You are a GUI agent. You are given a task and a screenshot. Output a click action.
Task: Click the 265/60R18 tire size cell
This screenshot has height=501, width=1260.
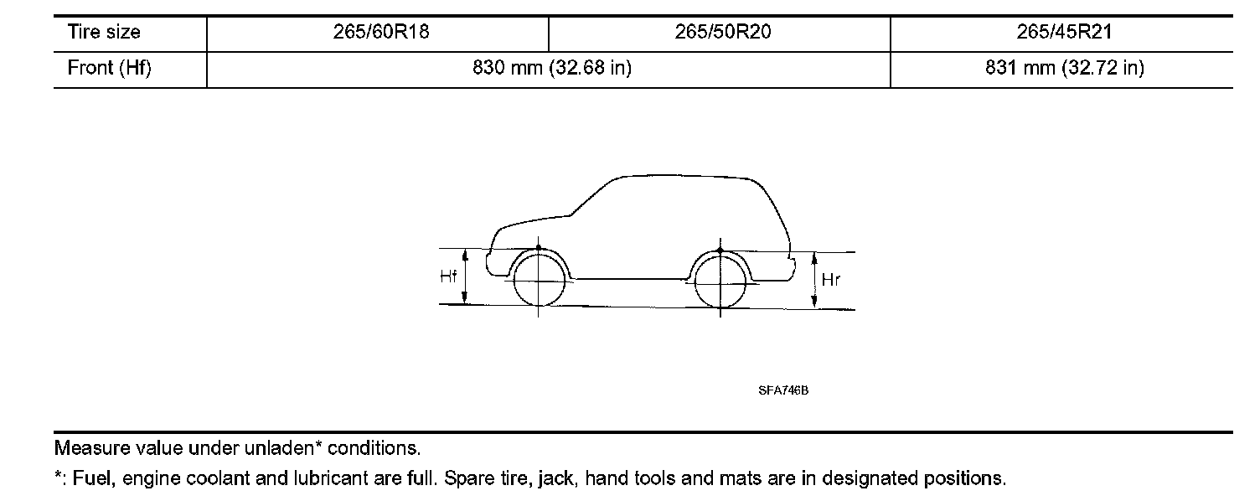pos(377,33)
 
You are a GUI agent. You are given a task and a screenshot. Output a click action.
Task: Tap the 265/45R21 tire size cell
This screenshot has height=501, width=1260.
pos(1061,33)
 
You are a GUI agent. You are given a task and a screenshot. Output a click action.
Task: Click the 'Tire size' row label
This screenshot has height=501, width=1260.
pos(104,33)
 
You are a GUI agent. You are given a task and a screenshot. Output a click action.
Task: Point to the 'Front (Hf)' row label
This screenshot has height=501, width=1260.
pos(109,69)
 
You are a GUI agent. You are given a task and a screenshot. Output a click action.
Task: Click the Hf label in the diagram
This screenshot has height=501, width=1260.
pos(449,276)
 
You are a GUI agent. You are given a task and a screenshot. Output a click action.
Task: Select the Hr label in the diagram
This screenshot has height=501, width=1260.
pos(830,281)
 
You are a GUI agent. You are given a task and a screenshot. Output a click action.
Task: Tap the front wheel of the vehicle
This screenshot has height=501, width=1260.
pos(539,281)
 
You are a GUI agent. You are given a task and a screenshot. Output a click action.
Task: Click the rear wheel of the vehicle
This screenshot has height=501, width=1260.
pos(720,281)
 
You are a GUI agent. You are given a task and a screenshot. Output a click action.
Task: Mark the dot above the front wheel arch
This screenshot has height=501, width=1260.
pos(539,249)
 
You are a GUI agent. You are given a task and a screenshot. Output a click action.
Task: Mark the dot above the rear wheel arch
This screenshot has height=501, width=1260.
pos(720,250)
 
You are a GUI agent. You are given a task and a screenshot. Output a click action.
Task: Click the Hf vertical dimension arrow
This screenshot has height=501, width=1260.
pos(466,276)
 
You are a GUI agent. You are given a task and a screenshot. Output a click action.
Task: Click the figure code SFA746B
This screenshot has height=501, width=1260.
pos(783,390)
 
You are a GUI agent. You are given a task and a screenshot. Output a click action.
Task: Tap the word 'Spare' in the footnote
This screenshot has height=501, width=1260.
pos(466,479)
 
